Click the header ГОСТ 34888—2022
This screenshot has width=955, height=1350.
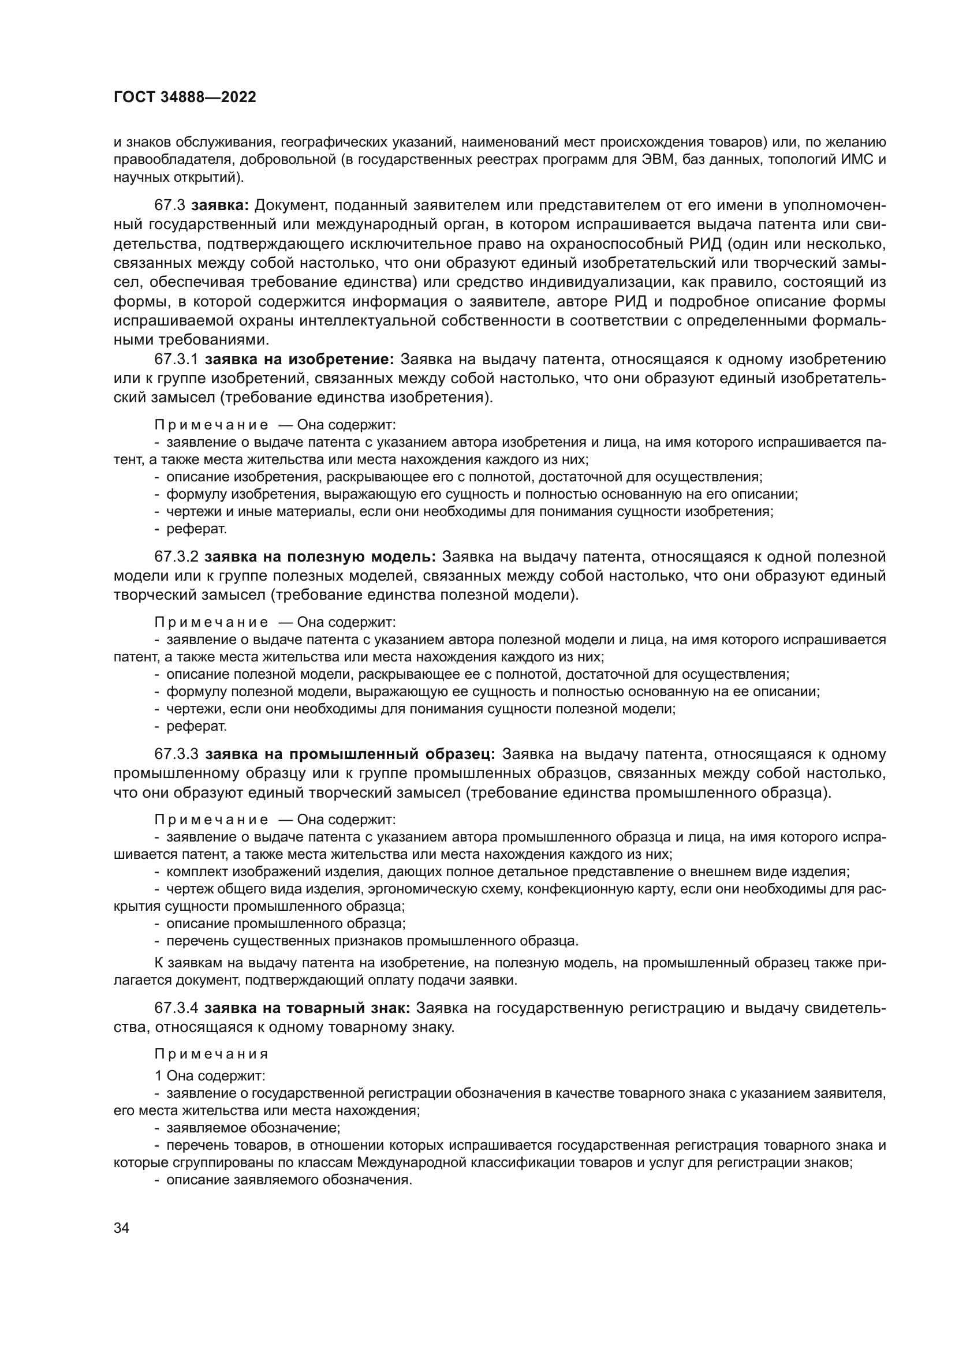click(185, 98)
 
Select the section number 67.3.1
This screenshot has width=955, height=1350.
click(177, 359)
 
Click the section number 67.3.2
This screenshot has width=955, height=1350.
click(177, 556)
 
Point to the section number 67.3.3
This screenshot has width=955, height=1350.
click(177, 754)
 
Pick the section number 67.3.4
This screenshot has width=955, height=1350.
click(177, 1008)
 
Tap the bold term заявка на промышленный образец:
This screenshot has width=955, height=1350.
click(350, 754)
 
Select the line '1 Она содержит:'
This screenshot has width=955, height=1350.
click(210, 1076)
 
